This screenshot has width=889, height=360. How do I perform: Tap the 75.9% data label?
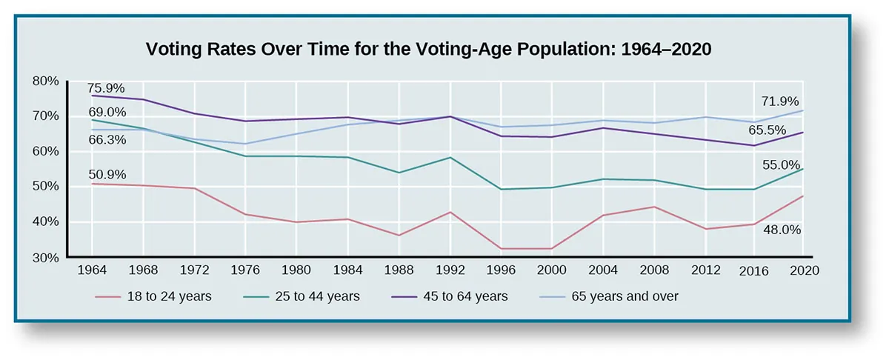coord(107,85)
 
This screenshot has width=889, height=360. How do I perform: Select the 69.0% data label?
coord(107,113)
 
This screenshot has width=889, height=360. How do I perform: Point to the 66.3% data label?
coord(107,139)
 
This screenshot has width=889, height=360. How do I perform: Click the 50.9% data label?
coord(107,175)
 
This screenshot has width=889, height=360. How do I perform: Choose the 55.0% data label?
coord(782,165)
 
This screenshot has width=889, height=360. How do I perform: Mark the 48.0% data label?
coord(782,230)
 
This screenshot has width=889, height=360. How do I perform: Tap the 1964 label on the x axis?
coord(92,271)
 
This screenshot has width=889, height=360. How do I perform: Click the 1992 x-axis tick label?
coord(450,271)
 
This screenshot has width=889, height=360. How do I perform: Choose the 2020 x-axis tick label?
coord(804,271)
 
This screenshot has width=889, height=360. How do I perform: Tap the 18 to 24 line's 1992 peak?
coord(450,212)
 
